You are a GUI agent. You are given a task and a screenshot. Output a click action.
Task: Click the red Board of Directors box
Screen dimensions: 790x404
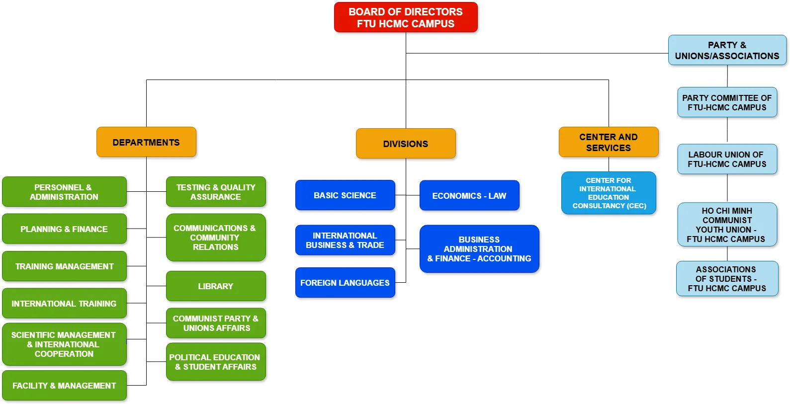point(406,17)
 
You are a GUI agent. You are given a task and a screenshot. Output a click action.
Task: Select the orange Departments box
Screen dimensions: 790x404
point(146,142)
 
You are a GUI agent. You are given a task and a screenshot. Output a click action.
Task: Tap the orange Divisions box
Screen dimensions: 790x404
point(406,144)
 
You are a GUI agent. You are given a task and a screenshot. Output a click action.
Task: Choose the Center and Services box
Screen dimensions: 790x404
point(609,142)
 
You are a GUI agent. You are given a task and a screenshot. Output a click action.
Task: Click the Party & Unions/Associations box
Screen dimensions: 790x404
point(727,50)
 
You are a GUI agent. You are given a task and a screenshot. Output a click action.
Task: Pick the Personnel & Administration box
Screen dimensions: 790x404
point(64,192)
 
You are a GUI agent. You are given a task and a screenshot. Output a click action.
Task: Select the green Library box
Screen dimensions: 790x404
point(216,286)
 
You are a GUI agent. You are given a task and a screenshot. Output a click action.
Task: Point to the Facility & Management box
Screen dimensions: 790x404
point(64,385)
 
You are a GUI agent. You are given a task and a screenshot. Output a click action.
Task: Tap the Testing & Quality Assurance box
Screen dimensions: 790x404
point(216,192)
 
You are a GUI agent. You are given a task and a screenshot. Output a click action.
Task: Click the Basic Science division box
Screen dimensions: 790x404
point(345,195)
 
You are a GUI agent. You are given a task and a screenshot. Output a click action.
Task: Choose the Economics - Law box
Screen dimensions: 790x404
point(469,196)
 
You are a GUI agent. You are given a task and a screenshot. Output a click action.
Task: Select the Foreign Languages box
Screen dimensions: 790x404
point(345,283)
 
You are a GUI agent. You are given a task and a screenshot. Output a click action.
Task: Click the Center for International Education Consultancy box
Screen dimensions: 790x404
point(609,193)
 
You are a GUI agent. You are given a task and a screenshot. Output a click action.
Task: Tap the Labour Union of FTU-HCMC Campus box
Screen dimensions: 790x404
point(727,159)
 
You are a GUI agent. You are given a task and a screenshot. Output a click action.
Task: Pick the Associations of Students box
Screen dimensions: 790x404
point(727,278)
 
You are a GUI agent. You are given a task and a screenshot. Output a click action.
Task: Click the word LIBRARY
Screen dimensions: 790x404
point(215,286)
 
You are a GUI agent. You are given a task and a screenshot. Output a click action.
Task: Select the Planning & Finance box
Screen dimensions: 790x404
point(64,229)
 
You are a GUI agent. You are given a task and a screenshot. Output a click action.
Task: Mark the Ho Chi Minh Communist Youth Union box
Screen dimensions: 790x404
point(727,225)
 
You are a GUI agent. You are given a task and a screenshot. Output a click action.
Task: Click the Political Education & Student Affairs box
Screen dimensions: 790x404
point(216,362)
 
